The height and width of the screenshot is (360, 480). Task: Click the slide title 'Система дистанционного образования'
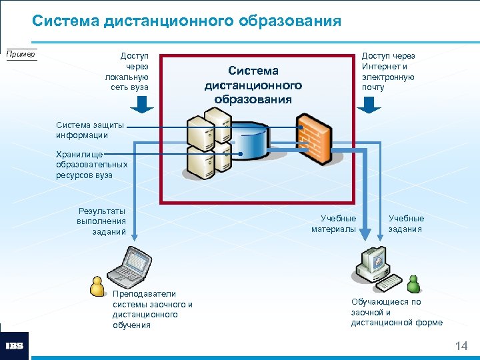click(x=187, y=21)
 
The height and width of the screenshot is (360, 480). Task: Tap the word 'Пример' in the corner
click(x=21, y=54)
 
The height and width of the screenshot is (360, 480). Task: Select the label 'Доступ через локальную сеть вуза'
click(x=127, y=72)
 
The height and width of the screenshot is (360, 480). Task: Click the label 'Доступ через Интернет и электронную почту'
click(x=389, y=72)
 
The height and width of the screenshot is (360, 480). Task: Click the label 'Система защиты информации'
click(x=82, y=130)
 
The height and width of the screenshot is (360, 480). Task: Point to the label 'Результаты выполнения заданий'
click(x=101, y=221)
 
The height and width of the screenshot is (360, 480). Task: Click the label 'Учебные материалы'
click(x=334, y=224)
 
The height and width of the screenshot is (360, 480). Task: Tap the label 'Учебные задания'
click(x=406, y=224)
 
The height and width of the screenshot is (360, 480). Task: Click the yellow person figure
click(x=98, y=285)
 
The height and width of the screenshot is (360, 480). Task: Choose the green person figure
click(x=414, y=283)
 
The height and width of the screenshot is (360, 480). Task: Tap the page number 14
click(x=461, y=346)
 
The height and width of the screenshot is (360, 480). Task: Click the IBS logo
click(x=14, y=346)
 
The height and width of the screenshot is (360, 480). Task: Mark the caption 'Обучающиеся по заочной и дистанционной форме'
click(x=397, y=312)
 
